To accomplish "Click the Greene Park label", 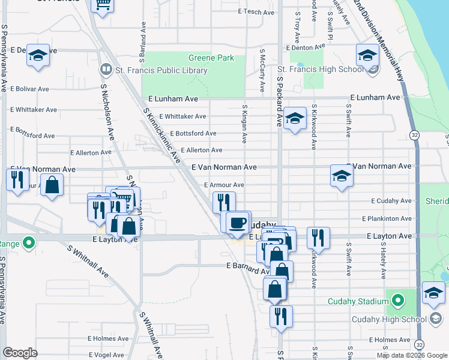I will (x=211, y=58).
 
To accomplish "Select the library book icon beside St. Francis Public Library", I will (x=106, y=70).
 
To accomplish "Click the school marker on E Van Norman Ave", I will (x=341, y=176).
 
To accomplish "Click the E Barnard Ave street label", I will (x=247, y=265).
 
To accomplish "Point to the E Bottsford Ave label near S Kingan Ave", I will (x=193, y=133).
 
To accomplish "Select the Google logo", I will (x=20, y=353).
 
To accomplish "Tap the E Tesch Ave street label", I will (x=256, y=11).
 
